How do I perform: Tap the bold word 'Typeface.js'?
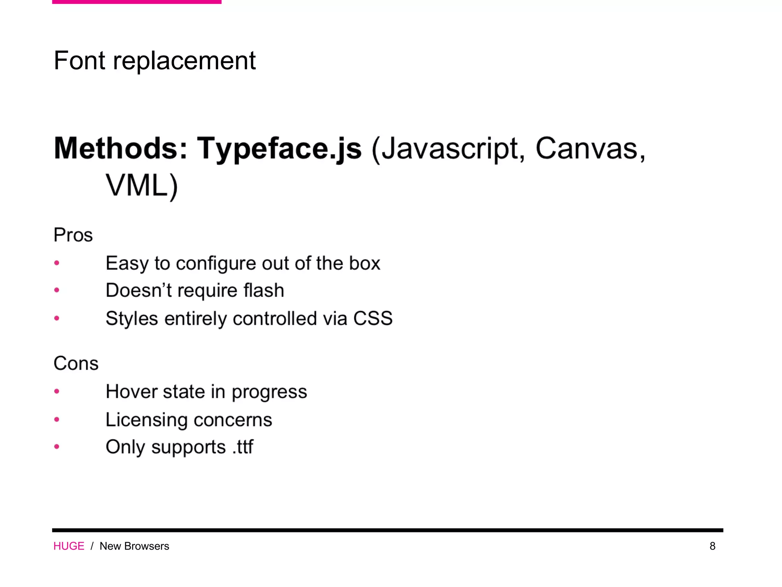[279, 149]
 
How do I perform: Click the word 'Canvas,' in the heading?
[590, 149]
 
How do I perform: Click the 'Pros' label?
[73, 235]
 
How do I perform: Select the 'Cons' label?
[76, 363]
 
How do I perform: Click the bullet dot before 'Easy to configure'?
[57, 263]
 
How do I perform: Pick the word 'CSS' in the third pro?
[373, 318]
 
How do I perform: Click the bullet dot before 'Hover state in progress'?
[57, 391]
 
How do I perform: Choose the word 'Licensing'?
[146, 420]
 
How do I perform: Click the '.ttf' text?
[243, 447]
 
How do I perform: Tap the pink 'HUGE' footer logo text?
[69, 546]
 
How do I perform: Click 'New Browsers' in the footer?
[134, 546]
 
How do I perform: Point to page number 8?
[713, 546]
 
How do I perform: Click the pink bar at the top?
[137, 2]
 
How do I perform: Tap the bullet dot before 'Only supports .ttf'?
[57, 446]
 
